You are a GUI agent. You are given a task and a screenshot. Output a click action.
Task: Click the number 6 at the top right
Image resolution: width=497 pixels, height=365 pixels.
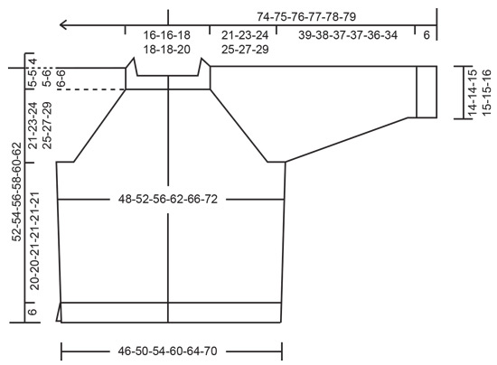point(426,35)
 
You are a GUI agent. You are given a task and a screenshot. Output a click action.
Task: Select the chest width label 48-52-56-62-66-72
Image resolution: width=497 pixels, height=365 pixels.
point(168,199)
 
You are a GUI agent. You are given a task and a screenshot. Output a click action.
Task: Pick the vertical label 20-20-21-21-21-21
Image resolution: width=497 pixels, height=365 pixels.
point(35,240)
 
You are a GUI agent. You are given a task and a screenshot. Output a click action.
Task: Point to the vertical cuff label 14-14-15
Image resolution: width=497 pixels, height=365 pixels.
point(472,91)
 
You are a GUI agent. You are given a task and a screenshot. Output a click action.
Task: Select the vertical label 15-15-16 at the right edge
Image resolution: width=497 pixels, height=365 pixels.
point(487,91)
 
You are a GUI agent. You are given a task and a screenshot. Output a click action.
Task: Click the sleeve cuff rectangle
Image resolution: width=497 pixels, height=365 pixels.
point(427,91)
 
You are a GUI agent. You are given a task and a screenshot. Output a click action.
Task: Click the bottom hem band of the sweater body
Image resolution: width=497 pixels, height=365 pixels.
point(170,312)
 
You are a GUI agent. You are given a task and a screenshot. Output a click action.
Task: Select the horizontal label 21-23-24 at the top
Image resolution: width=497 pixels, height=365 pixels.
point(239,35)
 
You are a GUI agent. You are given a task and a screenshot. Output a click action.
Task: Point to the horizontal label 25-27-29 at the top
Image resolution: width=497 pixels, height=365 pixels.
point(239,50)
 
